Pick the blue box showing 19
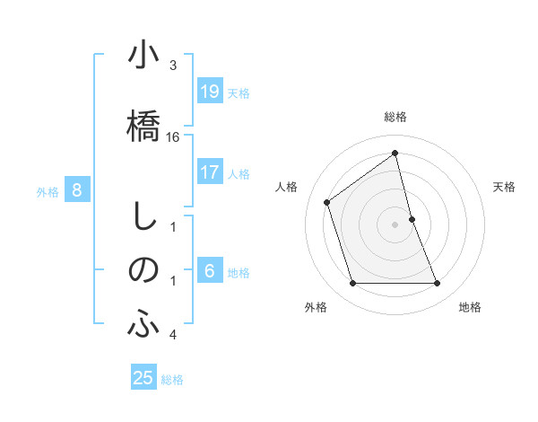[209, 92]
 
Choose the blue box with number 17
[209, 172]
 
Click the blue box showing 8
[77, 189]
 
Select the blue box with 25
[143, 378]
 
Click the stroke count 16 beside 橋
[174, 137]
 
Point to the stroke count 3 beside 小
[173, 66]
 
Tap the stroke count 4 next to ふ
[173, 335]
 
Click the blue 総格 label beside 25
[172, 380]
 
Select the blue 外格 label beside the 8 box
[48, 191]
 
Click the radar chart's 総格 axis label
[395, 117]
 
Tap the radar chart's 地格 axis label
[470, 307]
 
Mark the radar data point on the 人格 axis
[327, 202]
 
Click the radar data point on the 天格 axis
[412, 219]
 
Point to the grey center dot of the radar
[395, 224]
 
